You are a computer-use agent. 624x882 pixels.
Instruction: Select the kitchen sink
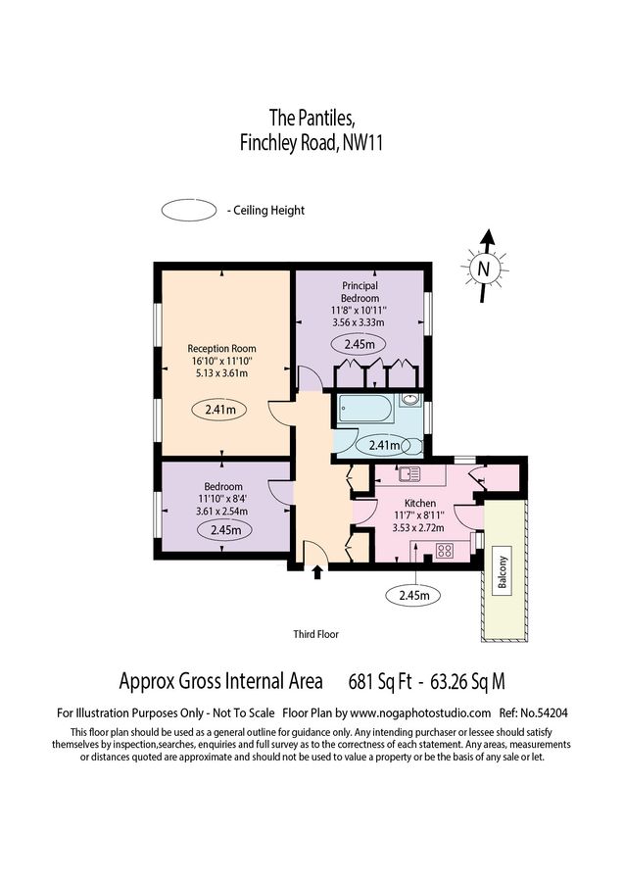pos(409,476)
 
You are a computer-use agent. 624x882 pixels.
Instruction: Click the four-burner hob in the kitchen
pos(443,550)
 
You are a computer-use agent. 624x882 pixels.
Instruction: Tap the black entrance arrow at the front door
pos(316,571)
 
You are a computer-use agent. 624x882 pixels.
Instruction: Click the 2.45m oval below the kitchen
pos(414,594)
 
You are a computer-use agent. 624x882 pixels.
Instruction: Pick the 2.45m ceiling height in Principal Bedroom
pos(360,344)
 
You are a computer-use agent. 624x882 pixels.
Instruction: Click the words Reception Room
pos(221,348)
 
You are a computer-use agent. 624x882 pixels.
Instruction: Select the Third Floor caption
pos(315,634)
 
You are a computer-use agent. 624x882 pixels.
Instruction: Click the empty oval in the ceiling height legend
pos(190,210)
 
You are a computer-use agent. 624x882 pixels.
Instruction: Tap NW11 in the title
pos(361,143)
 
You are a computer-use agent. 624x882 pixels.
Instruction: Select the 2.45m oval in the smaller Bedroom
pos(224,530)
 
